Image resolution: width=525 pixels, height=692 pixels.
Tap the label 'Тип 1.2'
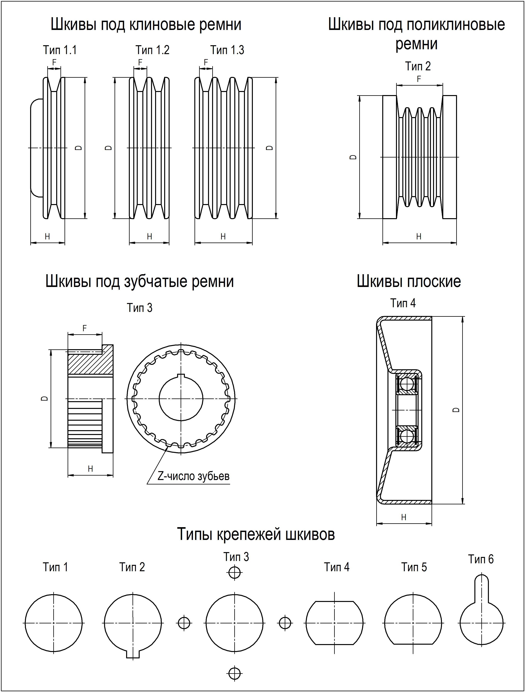tap(152, 50)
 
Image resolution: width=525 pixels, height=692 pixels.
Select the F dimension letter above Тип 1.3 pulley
tap(206, 63)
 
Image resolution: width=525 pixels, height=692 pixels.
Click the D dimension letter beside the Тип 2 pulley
tap(353, 157)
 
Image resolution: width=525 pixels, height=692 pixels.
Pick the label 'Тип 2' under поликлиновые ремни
tap(418, 66)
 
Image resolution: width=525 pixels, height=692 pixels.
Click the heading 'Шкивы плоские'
tap(409, 282)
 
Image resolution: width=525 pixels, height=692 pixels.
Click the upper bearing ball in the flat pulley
tap(407, 384)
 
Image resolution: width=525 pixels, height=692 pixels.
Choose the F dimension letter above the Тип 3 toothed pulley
tap(84, 329)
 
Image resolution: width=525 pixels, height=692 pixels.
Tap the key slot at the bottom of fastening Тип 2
tap(133, 655)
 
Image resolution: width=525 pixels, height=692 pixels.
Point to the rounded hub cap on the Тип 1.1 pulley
tap(37, 148)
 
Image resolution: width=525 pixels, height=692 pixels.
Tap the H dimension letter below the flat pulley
tap(404, 518)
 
